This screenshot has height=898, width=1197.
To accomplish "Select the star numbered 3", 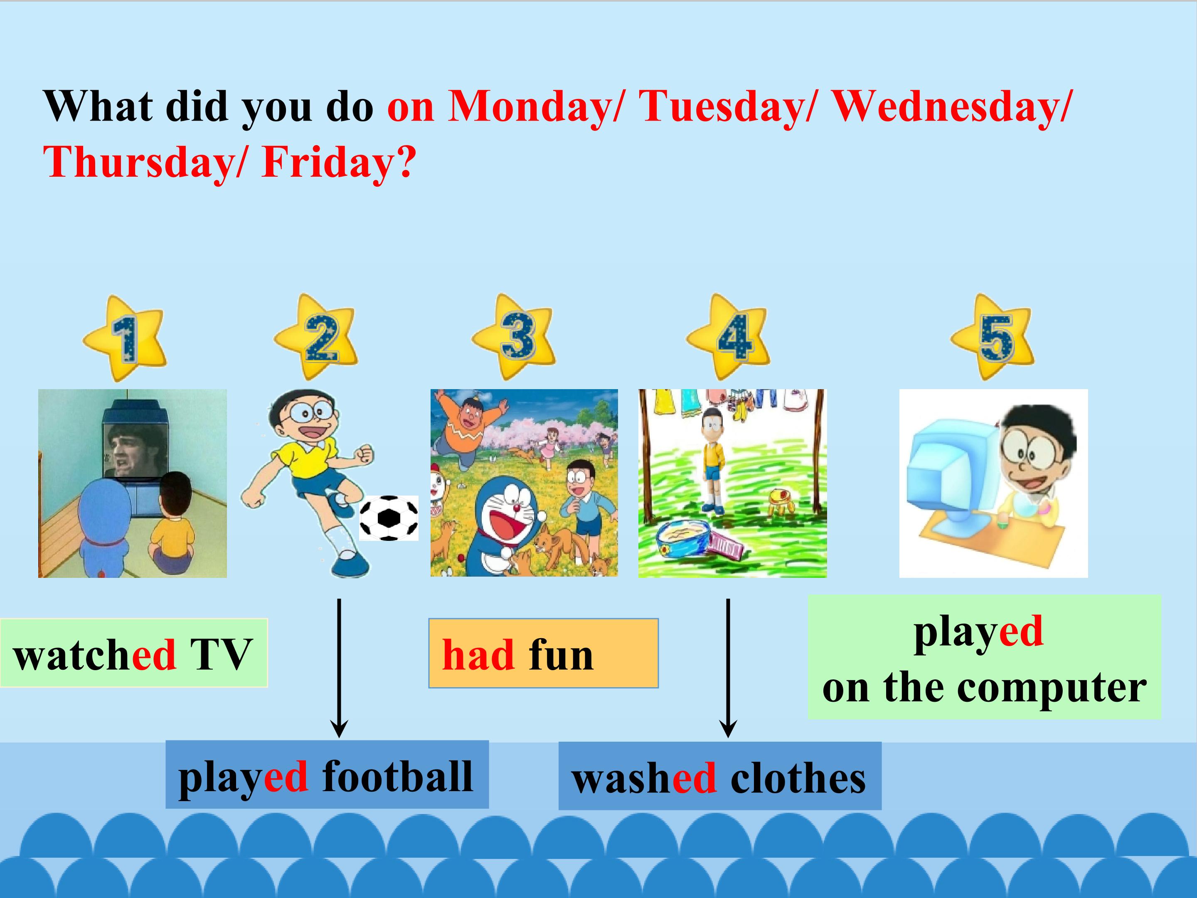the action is tap(514, 337).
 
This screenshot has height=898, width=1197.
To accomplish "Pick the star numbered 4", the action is tap(728, 337).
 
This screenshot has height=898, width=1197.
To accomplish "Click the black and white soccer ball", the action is tap(389, 518).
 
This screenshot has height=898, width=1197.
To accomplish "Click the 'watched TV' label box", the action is tap(134, 653).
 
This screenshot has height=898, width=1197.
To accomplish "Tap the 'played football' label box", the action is tap(327, 775).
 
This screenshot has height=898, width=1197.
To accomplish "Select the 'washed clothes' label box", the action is tap(720, 776).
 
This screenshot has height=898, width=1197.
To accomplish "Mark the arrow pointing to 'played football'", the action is tap(339, 668).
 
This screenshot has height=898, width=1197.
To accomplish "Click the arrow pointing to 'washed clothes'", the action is tap(728, 668).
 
